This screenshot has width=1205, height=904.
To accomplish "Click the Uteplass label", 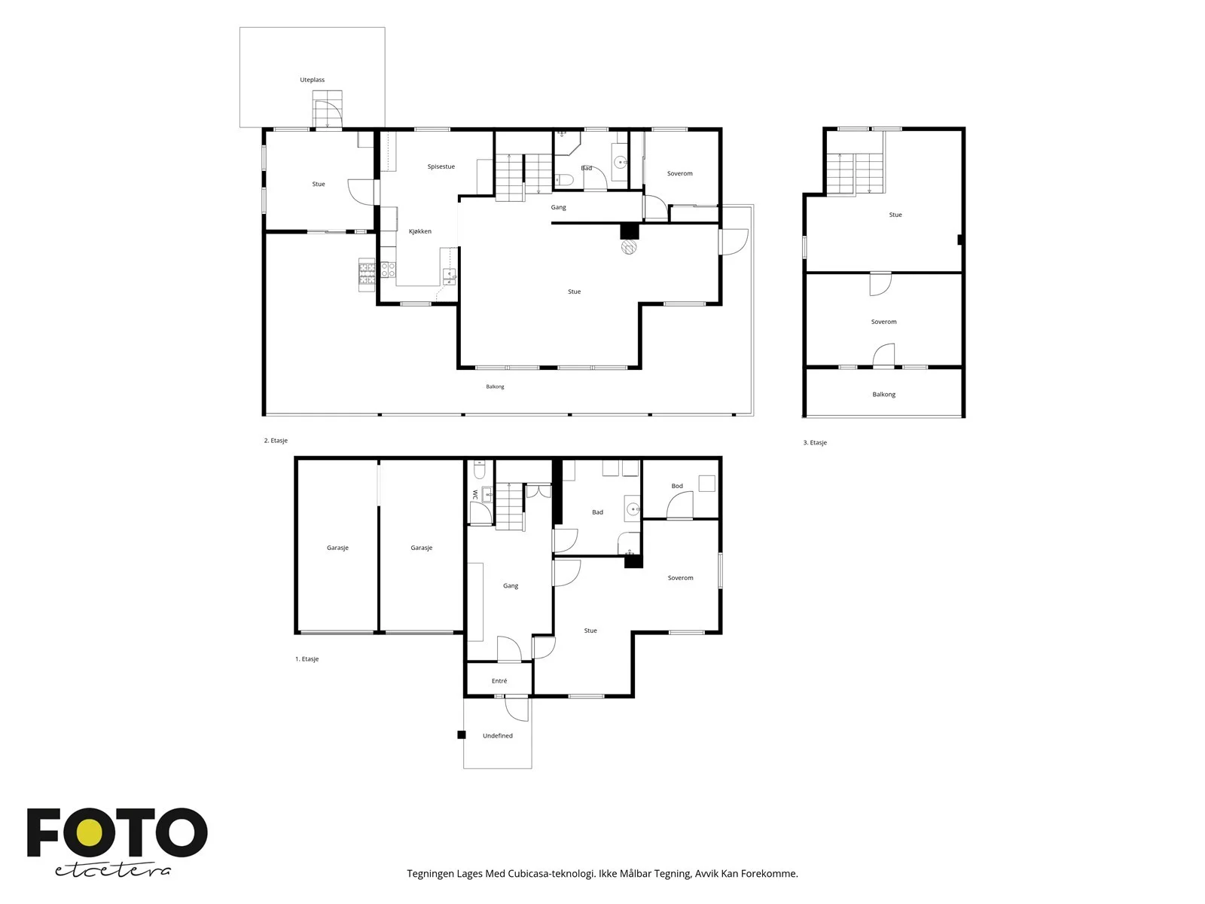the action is (x=312, y=80).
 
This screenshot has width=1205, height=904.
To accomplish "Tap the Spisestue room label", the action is (x=441, y=166).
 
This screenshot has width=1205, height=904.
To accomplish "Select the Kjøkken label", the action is (x=420, y=231).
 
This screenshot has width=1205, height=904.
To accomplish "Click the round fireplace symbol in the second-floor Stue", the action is (x=629, y=246).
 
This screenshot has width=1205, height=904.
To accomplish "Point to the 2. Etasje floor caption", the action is (x=276, y=440).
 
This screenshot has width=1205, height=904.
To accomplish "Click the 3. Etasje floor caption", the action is (x=815, y=442).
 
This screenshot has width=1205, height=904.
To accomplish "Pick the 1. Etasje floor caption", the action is (x=307, y=658).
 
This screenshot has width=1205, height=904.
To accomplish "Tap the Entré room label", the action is (x=499, y=680).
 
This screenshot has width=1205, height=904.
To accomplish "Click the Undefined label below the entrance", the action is (x=497, y=735).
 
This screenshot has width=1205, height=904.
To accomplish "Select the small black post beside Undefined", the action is (x=462, y=735).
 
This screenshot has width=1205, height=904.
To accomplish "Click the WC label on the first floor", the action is (x=475, y=494).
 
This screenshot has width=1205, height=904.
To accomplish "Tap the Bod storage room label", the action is (x=677, y=486).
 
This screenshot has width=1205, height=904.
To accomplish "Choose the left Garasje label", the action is (x=337, y=547).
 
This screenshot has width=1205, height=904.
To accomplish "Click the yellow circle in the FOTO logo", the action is (x=94, y=832).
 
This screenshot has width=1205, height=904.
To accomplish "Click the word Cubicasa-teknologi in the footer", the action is (x=552, y=873).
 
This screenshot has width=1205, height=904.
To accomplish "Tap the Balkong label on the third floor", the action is (x=883, y=394).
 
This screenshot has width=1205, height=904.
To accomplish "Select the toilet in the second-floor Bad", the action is (x=564, y=179).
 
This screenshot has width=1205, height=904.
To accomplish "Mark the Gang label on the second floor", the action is (x=558, y=207).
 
